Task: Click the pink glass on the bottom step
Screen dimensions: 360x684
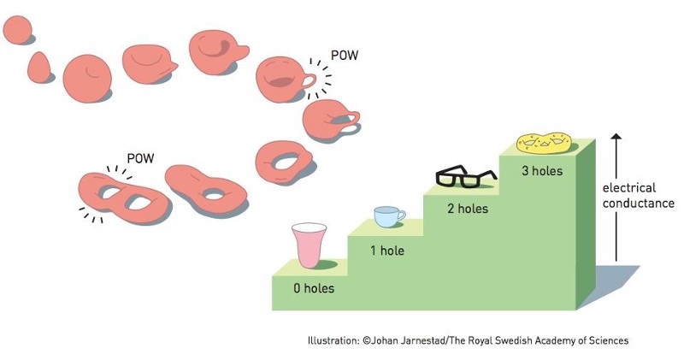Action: point(309,245)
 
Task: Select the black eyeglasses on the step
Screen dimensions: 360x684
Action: point(466,177)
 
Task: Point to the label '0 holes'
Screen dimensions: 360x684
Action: point(314,289)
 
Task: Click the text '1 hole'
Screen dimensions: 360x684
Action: point(386,251)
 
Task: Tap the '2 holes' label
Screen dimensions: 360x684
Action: point(467,208)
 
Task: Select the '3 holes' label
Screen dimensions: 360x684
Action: point(542,171)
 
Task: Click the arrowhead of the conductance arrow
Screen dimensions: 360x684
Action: point(616,138)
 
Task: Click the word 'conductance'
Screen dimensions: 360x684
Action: point(638,204)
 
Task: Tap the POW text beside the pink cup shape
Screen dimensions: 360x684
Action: point(345,56)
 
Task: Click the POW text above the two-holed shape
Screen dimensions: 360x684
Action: point(140,158)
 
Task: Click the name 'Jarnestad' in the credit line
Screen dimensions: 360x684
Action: point(424,340)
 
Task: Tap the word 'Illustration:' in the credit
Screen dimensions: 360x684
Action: point(333,340)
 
